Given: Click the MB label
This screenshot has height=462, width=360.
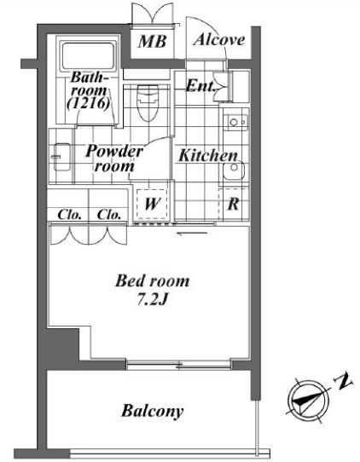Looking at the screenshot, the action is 152,42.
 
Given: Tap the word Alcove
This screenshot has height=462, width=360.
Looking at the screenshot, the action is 218,39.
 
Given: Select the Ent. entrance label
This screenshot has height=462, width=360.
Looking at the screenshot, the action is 200,86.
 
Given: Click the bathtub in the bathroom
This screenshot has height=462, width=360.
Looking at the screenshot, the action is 88,56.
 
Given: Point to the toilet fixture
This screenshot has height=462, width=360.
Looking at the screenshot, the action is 148,103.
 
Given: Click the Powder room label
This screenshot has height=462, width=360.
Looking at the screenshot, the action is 114,159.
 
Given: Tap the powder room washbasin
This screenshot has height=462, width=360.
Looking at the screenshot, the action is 61,157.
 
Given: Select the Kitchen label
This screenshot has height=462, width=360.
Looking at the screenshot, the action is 208,156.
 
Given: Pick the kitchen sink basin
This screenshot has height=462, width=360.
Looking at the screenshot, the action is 234,170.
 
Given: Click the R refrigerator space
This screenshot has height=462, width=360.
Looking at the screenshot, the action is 233,204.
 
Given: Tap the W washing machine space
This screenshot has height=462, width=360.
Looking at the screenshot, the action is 152,204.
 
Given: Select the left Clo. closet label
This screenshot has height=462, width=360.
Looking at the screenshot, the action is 69,215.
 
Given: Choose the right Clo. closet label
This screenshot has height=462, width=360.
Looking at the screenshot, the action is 109,215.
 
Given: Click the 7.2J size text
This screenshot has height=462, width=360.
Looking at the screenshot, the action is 153,300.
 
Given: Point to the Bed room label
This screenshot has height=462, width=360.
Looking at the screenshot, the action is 152,280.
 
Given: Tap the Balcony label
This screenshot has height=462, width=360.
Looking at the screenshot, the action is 153,411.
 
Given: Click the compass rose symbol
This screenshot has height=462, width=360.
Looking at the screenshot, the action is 309,401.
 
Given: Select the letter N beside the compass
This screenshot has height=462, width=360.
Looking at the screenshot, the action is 343,382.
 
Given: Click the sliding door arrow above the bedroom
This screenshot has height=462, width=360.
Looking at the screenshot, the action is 192,234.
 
